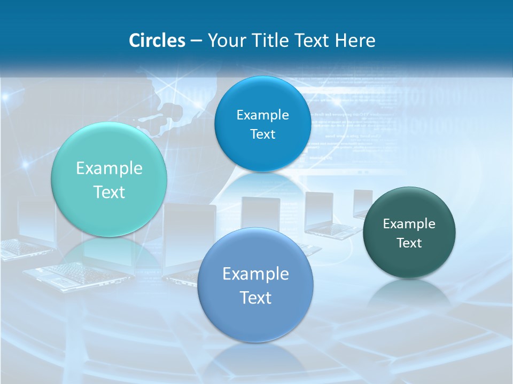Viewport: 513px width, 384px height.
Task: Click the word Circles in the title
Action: click(x=157, y=41)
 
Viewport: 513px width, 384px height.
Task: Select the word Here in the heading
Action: click(x=355, y=41)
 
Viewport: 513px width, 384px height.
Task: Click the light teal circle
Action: click(x=109, y=180)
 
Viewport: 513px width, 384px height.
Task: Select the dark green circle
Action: click(x=409, y=233)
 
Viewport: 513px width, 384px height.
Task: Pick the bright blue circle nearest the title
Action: click(x=262, y=124)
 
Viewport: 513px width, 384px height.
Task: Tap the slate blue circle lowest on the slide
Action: click(x=255, y=285)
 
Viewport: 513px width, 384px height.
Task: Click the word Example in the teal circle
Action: click(x=109, y=169)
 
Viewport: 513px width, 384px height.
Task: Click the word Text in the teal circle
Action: click(x=109, y=192)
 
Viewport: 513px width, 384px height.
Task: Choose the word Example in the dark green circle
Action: click(x=409, y=224)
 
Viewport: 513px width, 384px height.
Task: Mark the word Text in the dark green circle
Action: click(x=409, y=243)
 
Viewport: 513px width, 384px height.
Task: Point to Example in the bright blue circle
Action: click(x=262, y=115)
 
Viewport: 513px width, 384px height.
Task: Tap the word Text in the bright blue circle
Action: click(x=262, y=134)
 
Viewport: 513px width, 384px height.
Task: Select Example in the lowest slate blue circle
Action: click(x=255, y=274)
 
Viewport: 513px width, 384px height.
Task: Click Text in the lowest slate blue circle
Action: click(x=255, y=298)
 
